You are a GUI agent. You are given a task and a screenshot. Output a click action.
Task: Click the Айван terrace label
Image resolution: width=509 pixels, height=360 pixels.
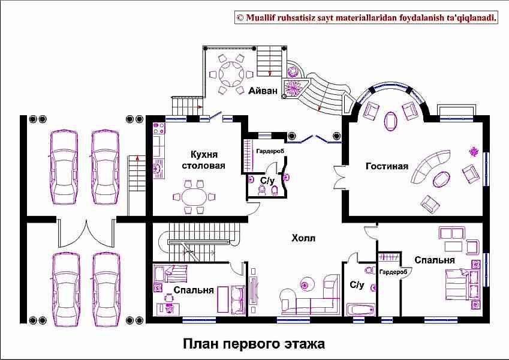(263, 91)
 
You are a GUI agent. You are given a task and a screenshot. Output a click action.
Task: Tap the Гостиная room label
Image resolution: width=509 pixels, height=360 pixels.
(387, 166)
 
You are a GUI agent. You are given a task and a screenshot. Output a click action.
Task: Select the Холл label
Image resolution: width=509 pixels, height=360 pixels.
(303, 238)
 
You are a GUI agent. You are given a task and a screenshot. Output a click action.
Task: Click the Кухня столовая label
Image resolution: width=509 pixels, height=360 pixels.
(203, 160)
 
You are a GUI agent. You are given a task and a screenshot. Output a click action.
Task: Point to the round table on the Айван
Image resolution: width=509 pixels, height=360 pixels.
(231, 74)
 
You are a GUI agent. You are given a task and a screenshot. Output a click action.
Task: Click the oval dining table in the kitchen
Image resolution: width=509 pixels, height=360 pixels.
(194, 197)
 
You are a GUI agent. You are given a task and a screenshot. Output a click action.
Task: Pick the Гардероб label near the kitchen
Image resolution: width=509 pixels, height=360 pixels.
(270, 151)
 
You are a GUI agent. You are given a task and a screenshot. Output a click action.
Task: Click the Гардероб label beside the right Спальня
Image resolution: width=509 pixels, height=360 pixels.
(393, 272)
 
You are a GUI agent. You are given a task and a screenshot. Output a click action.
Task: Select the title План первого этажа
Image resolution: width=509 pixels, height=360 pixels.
(254, 344)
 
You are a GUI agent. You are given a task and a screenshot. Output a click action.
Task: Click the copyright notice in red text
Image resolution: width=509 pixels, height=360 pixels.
(367, 17)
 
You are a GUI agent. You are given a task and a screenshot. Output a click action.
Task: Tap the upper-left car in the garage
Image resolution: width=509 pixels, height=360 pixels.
(64, 167)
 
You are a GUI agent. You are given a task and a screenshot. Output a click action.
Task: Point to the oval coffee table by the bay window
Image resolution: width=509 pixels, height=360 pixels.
(390, 121)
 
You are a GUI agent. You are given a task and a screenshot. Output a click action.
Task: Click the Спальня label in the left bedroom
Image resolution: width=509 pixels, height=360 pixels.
(194, 290)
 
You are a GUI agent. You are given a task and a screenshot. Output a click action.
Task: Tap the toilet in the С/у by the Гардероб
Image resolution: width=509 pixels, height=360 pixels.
(275, 190)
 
